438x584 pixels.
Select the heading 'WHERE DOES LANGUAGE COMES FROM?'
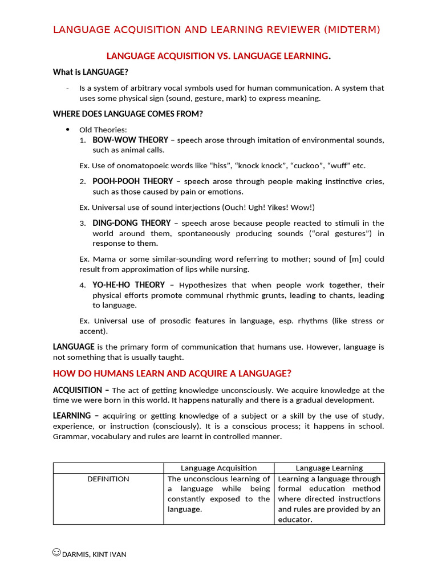[128, 113]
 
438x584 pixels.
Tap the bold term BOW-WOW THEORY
[130, 140]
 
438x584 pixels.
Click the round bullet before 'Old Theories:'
[67, 129]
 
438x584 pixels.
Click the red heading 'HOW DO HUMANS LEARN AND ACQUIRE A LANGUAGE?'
[172, 374]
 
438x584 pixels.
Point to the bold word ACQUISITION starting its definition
[77, 390]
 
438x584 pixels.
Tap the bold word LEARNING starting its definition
[72, 416]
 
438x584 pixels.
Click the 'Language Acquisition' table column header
[218, 468]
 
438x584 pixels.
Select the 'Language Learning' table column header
[329, 468]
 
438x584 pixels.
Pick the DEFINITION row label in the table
[108, 479]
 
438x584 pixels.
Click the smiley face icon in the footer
[56, 552]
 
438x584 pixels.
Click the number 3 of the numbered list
[83, 224]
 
